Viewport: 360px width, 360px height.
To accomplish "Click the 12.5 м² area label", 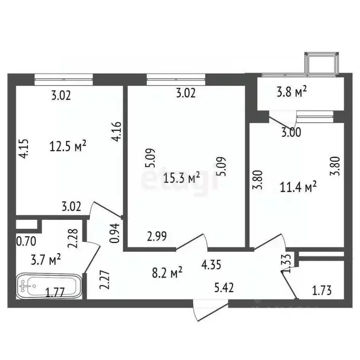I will click(68, 146).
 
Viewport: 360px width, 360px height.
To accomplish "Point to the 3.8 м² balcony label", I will click(291, 92).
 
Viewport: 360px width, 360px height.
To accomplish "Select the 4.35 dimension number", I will click(212, 265).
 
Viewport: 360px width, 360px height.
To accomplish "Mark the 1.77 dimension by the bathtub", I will click(54, 294).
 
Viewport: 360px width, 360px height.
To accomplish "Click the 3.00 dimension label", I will click(291, 133).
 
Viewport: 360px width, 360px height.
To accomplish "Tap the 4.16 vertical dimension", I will click(117, 132).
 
